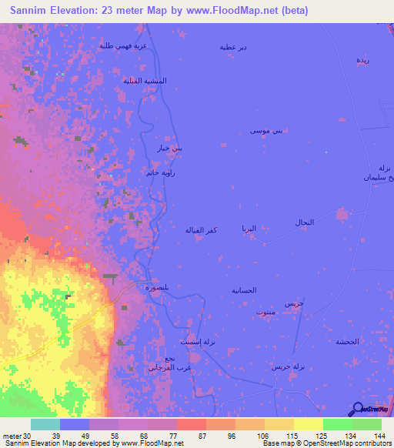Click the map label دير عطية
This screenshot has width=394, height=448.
coord(233,48)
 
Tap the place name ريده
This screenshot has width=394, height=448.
coord(361,59)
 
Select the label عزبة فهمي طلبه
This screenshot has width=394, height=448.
coord(122,46)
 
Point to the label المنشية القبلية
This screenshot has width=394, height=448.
coord(145,81)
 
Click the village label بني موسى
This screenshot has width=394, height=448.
coord(266,132)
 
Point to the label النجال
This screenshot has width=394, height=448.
coord(304,222)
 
